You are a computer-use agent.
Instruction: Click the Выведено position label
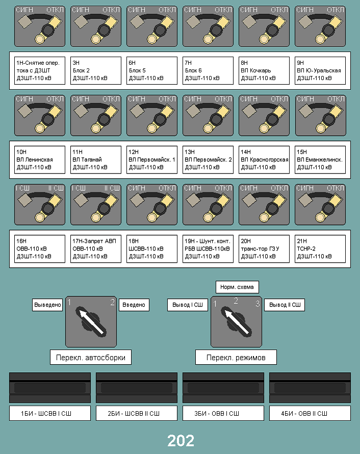[47, 305]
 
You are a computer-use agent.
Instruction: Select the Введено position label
[134, 305]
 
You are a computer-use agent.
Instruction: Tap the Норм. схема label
[237, 287]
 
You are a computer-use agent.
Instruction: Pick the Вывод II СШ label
[285, 305]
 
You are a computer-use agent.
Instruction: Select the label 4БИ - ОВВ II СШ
[310, 413]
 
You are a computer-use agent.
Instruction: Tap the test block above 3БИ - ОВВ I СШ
[223, 388]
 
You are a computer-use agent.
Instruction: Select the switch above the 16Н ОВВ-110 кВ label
[40, 205]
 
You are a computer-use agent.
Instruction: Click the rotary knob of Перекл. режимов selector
[236, 322]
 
